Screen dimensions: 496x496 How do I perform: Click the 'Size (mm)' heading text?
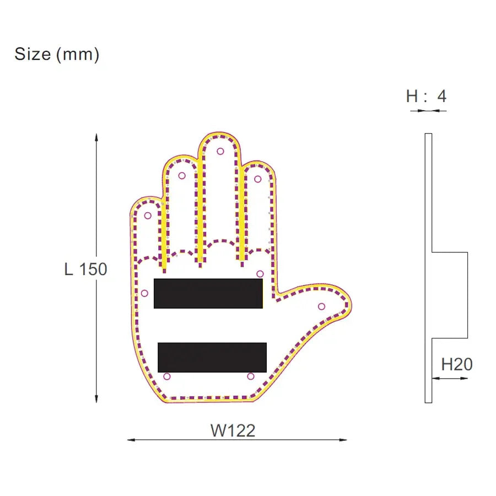tap(57, 54)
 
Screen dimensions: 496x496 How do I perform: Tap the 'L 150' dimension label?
tap(85, 269)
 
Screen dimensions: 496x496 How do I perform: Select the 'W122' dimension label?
tap(233, 430)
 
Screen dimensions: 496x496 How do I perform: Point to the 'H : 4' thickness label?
tap(426, 96)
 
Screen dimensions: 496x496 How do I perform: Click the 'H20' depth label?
tap(457, 364)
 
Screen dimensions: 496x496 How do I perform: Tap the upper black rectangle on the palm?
tap(208, 293)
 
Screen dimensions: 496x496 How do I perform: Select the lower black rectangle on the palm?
tap(212, 357)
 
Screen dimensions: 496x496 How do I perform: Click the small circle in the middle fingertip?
tap(220, 151)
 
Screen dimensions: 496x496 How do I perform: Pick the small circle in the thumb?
tap(321, 306)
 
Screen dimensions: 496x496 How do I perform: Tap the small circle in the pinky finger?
tap(148, 215)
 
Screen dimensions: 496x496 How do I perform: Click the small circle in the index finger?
tap(257, 179)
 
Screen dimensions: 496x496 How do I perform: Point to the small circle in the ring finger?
tap(182, 176)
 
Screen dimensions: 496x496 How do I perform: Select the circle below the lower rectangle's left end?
tap(167, 376)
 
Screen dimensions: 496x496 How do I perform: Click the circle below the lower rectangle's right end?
tap(251, 376)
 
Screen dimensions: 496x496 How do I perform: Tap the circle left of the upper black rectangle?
tap(144, 293)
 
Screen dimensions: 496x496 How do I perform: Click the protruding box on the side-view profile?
tap(449, 295)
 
